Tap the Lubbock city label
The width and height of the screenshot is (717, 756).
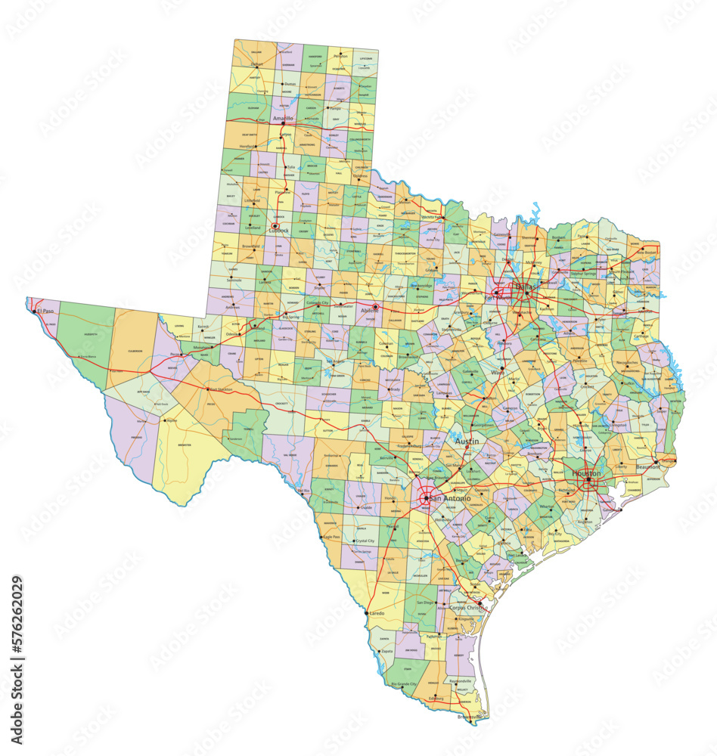278,231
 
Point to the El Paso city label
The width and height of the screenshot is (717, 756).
45,311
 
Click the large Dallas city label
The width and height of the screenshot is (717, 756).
523,287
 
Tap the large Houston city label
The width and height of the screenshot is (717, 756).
586,472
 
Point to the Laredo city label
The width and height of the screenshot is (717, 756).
376,613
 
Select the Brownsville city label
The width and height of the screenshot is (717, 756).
471,716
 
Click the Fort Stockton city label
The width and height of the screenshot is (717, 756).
222,389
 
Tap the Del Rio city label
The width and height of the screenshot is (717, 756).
304,491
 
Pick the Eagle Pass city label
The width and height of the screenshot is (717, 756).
331,537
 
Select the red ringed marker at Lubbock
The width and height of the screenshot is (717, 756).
275,226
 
